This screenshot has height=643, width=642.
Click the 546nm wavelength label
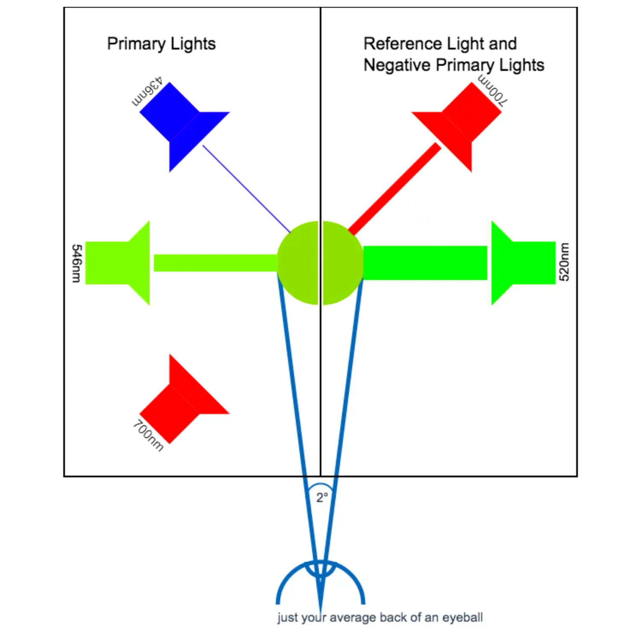pyautogui.click(x=76, y=263)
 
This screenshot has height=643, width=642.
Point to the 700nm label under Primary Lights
pyautogui.click(x=148, y=436)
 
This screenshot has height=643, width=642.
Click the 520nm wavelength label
pyautogui.click(x=564, y=262)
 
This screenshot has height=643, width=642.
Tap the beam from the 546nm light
pyautogui.click(x=215, y=263)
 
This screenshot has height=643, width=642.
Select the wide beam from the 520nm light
pyautogui.click(x=425, y=263)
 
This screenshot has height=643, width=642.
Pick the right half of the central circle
pyautogui.click(x=342, y=263)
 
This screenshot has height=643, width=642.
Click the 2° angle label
pyautogui.click(x=322, y=497)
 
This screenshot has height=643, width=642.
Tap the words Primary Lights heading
pyautogui.click(x=161, y=44)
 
